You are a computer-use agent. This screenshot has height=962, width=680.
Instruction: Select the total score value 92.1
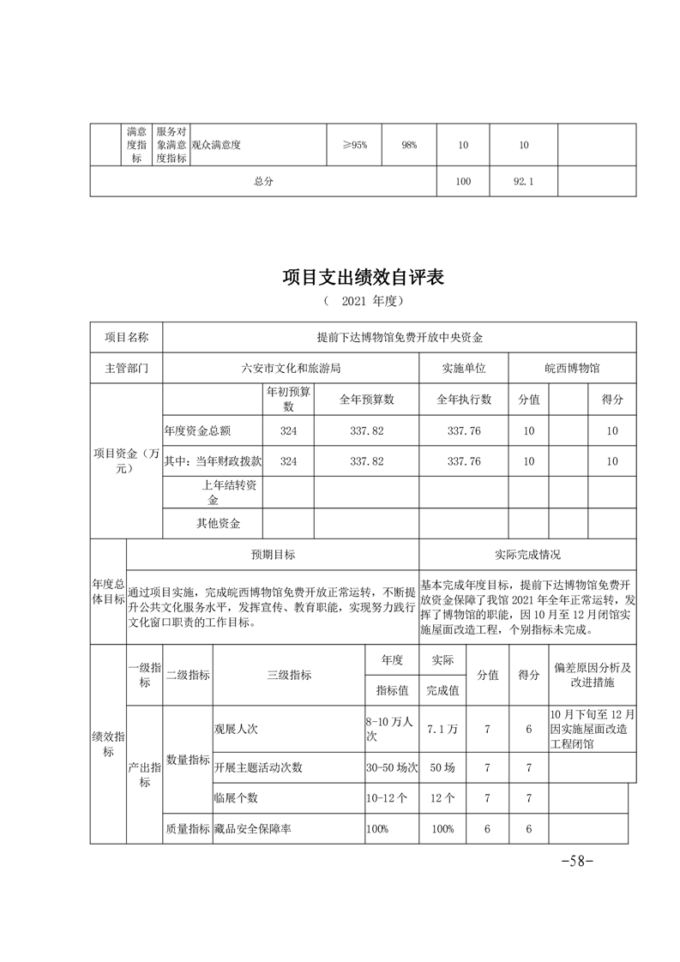click(x=523, y=182)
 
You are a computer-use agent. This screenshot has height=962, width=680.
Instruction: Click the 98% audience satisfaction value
click(x=408, y=145)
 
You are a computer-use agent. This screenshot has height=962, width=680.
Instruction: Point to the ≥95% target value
click(x=354, y=145)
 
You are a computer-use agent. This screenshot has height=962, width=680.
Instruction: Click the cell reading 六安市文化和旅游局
click(x=291, y=368)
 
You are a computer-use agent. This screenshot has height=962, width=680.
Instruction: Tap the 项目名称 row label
click(x=126, y=338)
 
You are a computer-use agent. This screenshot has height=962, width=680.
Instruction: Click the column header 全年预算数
click(x=366, y=400)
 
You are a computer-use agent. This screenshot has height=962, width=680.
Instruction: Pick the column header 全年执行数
click(x=463, y=400)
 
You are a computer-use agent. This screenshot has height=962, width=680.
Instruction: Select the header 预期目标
click(x=273, y=555)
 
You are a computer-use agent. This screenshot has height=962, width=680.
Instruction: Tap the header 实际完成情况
click(x=527, y=555)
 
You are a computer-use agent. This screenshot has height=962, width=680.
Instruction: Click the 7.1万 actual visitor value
click(x=442, y=729)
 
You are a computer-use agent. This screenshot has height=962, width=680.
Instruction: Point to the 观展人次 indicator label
click(x=236, y=729)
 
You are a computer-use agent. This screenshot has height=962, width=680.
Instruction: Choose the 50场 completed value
click(x=442, y=767)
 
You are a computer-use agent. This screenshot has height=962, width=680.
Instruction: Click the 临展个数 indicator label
click(x=236, y=798)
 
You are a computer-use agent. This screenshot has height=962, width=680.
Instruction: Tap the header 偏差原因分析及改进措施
click(x=593, y=675)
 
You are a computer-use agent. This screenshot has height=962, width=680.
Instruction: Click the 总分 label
click(x=263, y=182)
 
